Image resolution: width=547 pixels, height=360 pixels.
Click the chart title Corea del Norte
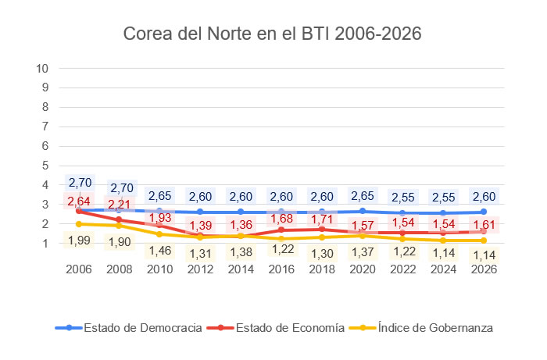[x=273, y=35]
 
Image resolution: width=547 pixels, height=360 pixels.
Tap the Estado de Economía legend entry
[x=282, y=328]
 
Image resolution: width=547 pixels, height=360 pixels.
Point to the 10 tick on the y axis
[x=44, y=68]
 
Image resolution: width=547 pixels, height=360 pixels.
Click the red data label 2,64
[x=79, y=201]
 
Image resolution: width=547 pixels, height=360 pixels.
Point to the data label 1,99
[x=79, y=241]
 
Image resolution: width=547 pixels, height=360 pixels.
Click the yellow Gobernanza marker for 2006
[x=80, y=224]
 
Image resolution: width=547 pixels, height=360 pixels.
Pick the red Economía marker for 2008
[x=120, y=219]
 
